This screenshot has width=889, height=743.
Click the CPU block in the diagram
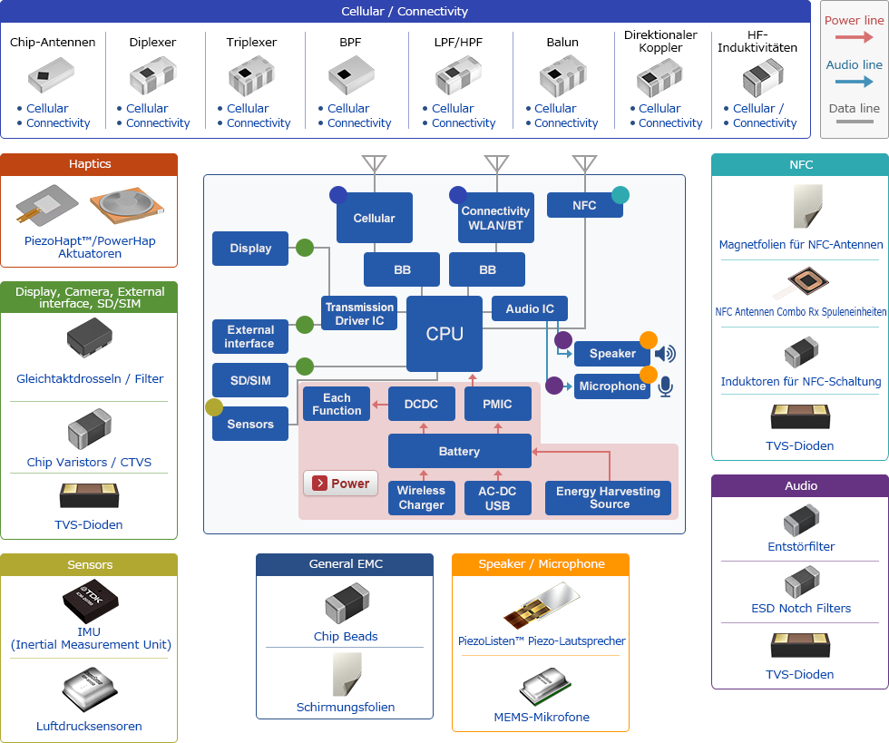(x=444, y=334)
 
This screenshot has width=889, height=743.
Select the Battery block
(x=459, y=451)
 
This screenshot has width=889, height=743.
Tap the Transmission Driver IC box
(x=360, y=314)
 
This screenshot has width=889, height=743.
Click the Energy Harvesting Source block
(x=609, y=498)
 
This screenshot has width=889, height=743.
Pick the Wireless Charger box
(x=421, y=498)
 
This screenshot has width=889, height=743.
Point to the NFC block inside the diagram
(x=584, y=206)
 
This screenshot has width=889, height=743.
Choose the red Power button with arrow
(x=340, y=484)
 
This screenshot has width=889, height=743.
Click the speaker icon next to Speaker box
(x=666, y=354)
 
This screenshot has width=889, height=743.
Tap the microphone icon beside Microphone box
(x=666, y=387)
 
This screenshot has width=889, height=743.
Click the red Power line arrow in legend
(x=854, y=38)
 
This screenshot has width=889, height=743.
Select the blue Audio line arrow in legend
(x=854, y=83)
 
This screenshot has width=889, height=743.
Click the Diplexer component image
(x=152, y=78)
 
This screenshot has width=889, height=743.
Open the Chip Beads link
(x=346, y=636)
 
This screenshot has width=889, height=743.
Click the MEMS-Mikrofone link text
(x=542, y=717)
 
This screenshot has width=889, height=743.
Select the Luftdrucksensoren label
(x=89, y=726)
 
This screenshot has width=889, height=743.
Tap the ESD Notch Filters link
(x=801, y=608)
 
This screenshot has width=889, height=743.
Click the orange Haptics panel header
(x=89, y=164)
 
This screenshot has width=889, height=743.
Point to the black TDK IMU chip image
(x=89, y=600)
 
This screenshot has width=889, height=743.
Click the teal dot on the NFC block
(x=620, y=194)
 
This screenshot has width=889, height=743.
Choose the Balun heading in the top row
(x=562, y=42)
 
